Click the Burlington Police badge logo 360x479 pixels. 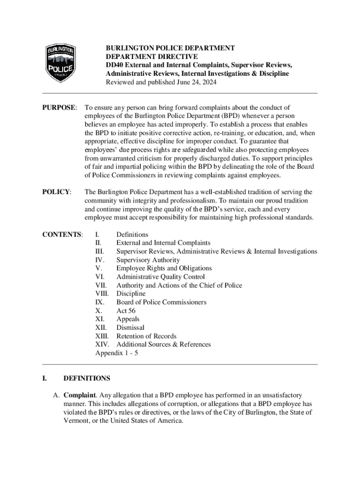(61, 61)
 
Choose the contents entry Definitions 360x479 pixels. (132, 234)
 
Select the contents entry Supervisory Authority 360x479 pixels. (148, 260)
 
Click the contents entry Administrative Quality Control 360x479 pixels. (160, 277)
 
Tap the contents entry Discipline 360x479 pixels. (131, 294)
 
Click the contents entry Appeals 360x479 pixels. (128, 319)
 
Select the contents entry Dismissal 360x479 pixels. (130, 327)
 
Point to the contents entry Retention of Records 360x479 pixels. (146, 336)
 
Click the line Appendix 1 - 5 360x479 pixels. (116, 353)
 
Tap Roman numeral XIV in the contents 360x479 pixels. (102, 344)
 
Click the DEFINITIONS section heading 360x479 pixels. (86, 378)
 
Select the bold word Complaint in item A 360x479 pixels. (80, 395)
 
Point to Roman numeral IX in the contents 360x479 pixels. (100, 302)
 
